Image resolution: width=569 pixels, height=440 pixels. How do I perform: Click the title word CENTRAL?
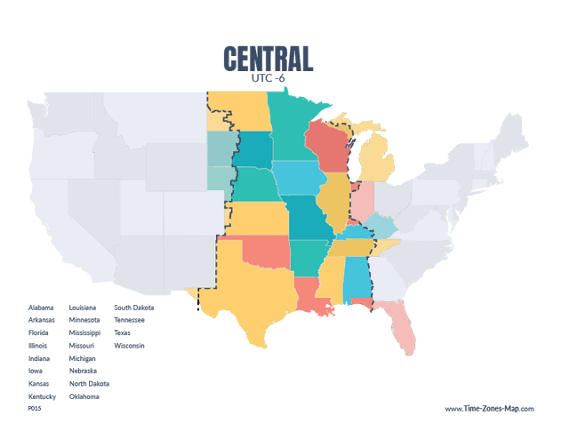coord(268,59)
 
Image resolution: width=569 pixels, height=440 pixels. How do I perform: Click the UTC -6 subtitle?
coord(268,78)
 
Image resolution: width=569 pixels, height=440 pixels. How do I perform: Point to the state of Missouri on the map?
coord(306,217)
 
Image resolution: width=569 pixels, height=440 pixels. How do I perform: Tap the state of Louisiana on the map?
coord(310,294)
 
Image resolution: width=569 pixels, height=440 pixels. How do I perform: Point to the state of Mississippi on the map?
coord(332,281)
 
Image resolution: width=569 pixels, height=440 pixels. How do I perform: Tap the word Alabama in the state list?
coord(41,308)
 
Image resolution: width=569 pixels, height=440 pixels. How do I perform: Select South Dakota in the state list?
coord(133,308)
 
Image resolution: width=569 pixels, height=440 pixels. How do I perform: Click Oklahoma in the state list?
coord(84,396)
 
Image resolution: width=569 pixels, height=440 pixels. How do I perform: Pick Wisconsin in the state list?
coord(129,346)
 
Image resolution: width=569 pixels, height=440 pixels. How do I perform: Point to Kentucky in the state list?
coord(42,396)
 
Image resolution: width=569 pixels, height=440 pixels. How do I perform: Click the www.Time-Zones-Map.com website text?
coord(489,410)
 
